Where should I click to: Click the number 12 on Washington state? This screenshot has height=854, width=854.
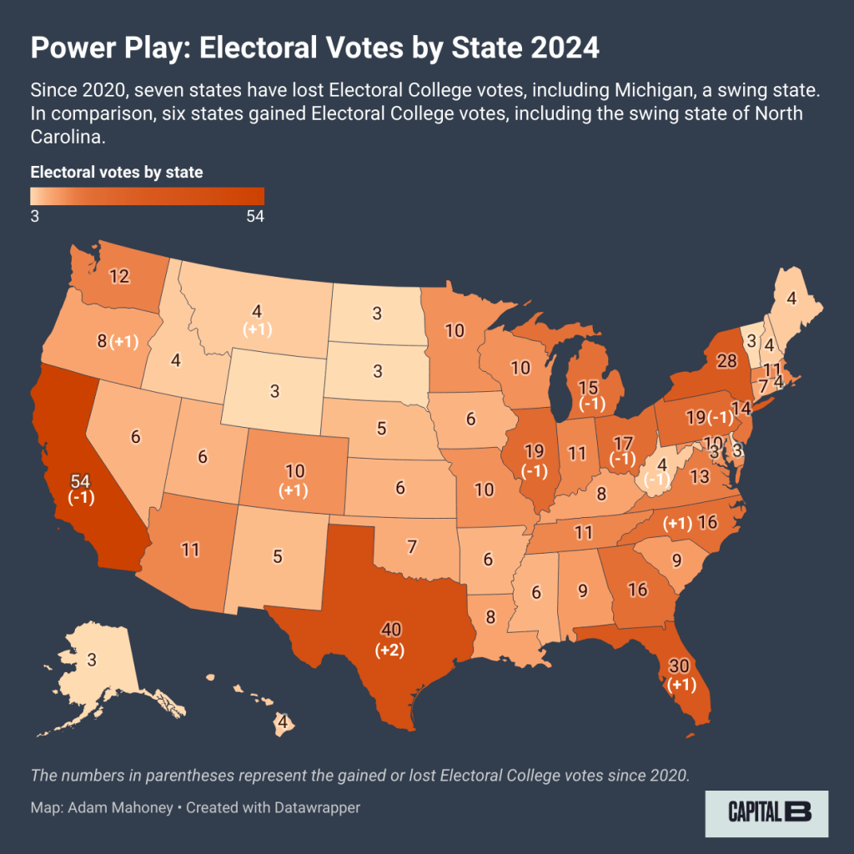[120, 276]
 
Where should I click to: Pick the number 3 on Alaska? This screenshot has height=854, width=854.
[91, 660]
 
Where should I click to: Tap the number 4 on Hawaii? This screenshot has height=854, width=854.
[283, 722]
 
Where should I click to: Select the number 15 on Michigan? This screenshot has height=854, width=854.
[589, 387]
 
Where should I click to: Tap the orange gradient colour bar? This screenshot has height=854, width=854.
[147, 195]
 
